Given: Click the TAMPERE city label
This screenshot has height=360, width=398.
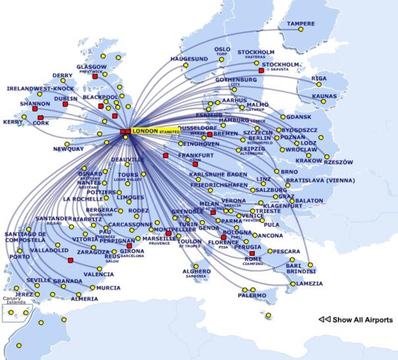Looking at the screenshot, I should point(300,23).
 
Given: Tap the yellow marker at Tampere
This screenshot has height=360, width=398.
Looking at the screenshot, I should point(301,30).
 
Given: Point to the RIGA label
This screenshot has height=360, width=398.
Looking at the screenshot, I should point(319,79).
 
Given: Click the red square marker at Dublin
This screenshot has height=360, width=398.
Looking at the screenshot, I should point(65,104).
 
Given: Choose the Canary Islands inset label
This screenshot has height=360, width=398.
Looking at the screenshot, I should point(14,301).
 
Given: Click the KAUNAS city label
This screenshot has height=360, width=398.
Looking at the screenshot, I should point(324,96).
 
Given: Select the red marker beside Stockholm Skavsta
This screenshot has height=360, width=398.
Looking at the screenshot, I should point(261,71).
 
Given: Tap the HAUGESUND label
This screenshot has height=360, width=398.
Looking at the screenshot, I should point(189,59).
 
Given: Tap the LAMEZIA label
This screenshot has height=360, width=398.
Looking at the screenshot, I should point(309,283).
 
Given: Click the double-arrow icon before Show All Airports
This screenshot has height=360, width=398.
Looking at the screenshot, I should point(324,320).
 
